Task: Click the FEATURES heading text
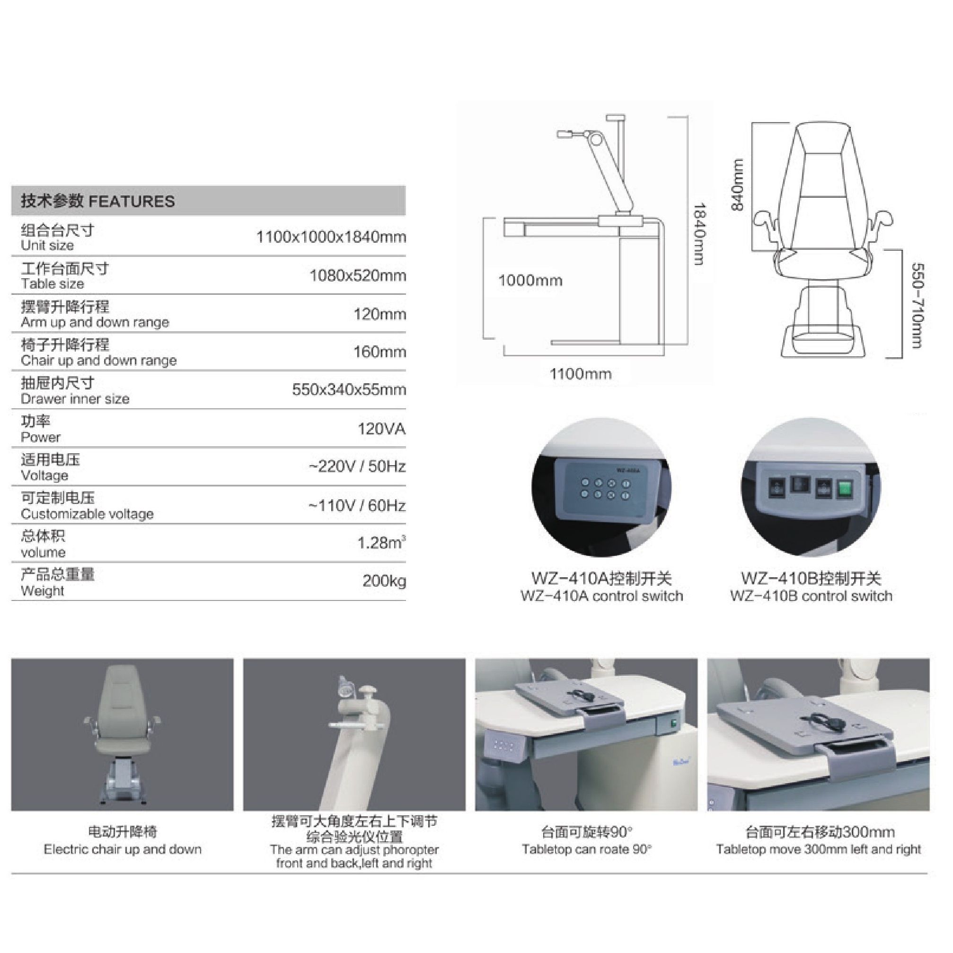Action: pos(132,201)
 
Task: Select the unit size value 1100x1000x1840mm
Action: pos(331,237)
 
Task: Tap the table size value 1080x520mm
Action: pos(358,276)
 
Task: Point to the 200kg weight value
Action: pos(384,581)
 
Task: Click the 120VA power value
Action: pos(382,429)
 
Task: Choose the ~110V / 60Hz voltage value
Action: pos(357,506)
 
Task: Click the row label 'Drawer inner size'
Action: pos(75,399)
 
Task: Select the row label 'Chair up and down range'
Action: pos(98,361)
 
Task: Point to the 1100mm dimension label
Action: pos(581,374)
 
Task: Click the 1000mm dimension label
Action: pos(530,281)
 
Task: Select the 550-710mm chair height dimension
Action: pos(918,306)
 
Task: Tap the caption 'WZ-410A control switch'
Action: pos(602,596)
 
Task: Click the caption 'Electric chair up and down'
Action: pos(123,849)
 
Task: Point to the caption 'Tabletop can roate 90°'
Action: pos(586,849)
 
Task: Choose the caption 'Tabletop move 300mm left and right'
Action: pos(818,849)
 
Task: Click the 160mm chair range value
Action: pos(380,352)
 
